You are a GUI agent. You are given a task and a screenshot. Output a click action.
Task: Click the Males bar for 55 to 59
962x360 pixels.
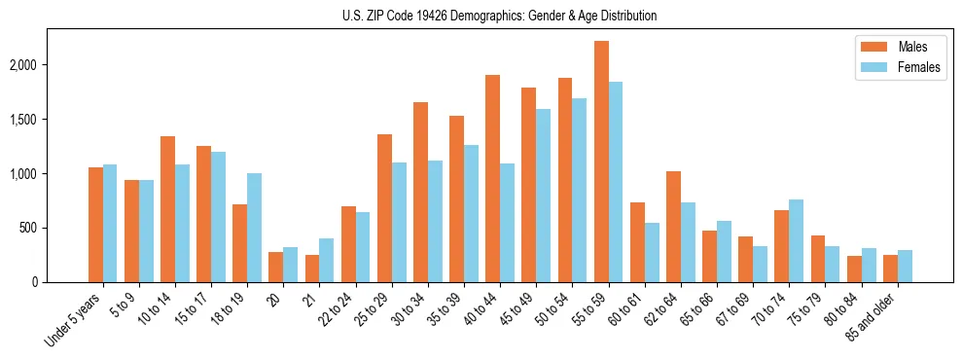point(601,162)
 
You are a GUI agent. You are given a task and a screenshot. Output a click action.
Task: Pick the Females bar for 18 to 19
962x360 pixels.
point(254,228)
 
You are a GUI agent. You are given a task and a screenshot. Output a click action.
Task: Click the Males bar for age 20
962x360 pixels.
point(276,267)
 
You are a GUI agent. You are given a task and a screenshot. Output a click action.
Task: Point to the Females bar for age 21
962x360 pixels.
point(327,260)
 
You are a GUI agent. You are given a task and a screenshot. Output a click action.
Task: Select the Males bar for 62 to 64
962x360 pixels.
point(673,227)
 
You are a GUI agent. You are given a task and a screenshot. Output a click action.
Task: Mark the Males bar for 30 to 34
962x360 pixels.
point(420,192)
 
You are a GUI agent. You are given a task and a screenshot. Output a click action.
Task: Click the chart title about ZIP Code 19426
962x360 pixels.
point(499,16)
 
